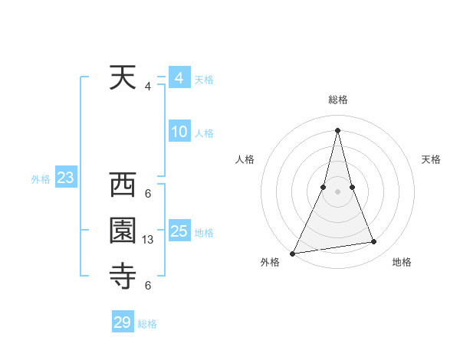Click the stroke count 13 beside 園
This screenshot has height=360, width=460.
coord(148,240)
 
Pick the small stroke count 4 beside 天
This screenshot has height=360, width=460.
coord(147,87)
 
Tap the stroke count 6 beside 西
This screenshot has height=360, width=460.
coord(148,193)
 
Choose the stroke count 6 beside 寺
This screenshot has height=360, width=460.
coord(148,286)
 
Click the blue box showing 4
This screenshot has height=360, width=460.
coord(179,78)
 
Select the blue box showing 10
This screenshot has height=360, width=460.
coord(179,132)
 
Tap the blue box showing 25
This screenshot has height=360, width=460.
coord(179,231)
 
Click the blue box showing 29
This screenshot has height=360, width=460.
coord(122,322)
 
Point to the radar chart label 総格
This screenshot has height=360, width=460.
coord(338,100)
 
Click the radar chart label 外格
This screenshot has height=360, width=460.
coord(269,263)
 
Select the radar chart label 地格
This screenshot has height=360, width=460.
coord(402,263)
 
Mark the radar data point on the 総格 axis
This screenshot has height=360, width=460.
coord(337,129)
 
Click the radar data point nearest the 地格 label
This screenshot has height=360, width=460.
coord(374,242)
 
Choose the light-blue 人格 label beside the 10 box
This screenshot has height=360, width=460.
coord(203,133)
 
